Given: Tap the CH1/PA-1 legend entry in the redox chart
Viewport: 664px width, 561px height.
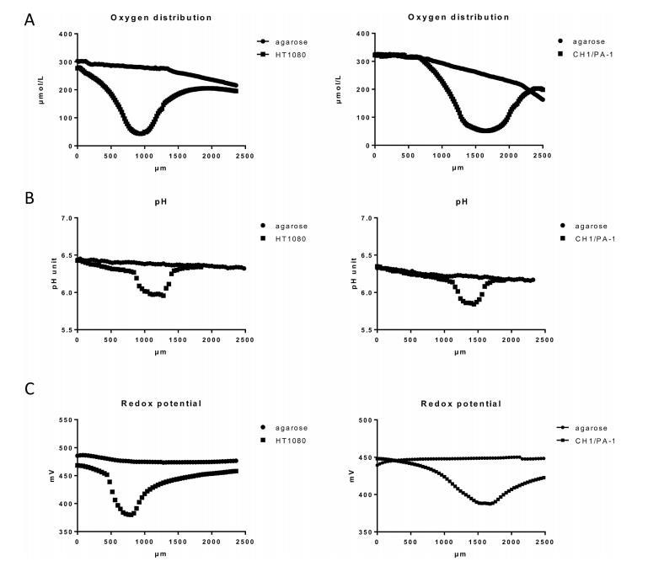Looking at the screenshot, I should tap(593, 440).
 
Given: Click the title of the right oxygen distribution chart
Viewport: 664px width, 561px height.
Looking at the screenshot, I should tap(458, 17).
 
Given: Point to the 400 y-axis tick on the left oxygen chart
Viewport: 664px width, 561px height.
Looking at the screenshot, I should tap(62, 35).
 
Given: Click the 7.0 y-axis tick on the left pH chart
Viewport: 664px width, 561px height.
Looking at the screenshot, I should tap(64, 219).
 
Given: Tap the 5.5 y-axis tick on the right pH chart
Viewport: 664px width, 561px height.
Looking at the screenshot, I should tap(363, 330).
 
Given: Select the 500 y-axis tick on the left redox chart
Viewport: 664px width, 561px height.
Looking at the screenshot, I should tap(62, 419).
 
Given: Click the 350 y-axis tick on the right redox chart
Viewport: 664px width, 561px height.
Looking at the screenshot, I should tap(362, 532).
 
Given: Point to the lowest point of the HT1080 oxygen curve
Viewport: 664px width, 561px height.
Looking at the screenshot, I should tap(141, 133).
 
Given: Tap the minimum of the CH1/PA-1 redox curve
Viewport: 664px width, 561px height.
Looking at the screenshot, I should tap(486, 503).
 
